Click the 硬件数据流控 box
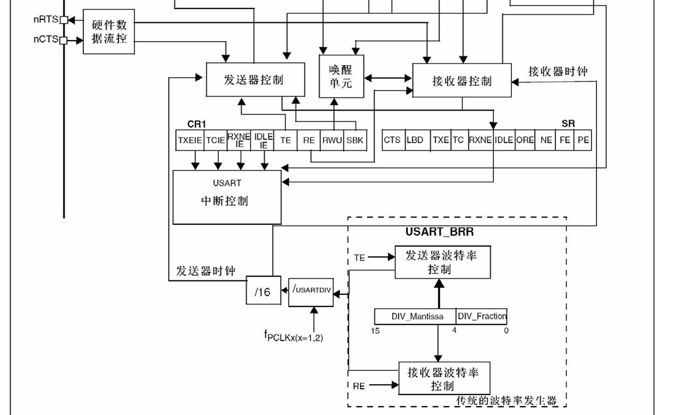click(109, 32)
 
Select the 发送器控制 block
click(255, 80)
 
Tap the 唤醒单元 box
click(341, 76)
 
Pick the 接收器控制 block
click(462, 81)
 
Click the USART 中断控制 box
click(226, 197)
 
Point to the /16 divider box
click(263, 291)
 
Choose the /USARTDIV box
click(311, 289)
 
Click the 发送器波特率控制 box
click(442, 262)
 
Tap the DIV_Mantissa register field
click(416, 317)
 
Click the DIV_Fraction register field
click(482, 317)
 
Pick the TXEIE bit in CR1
click(190, 141)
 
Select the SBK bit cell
click(354, 141)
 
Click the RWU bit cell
click(332, 141)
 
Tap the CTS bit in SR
click(392, 140)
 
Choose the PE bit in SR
click(583, 140)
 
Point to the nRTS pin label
click(45, 20)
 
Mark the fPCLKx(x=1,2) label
click(293, 335)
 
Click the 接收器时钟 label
click(557, 72)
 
